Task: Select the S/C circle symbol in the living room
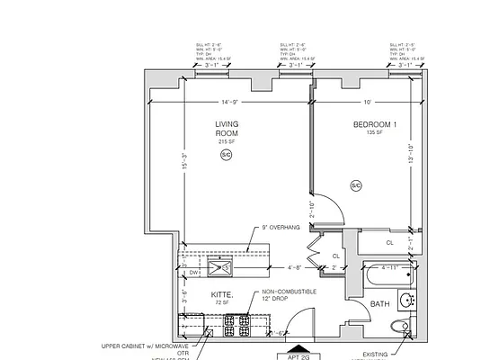coord(225,155)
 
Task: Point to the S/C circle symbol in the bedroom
coord(356,186)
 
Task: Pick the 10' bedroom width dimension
coord(367,102)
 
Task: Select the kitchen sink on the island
coord(220,265)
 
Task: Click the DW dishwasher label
coord(193,270)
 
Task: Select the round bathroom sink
coord(407,301)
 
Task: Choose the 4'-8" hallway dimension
coord(293,267)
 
